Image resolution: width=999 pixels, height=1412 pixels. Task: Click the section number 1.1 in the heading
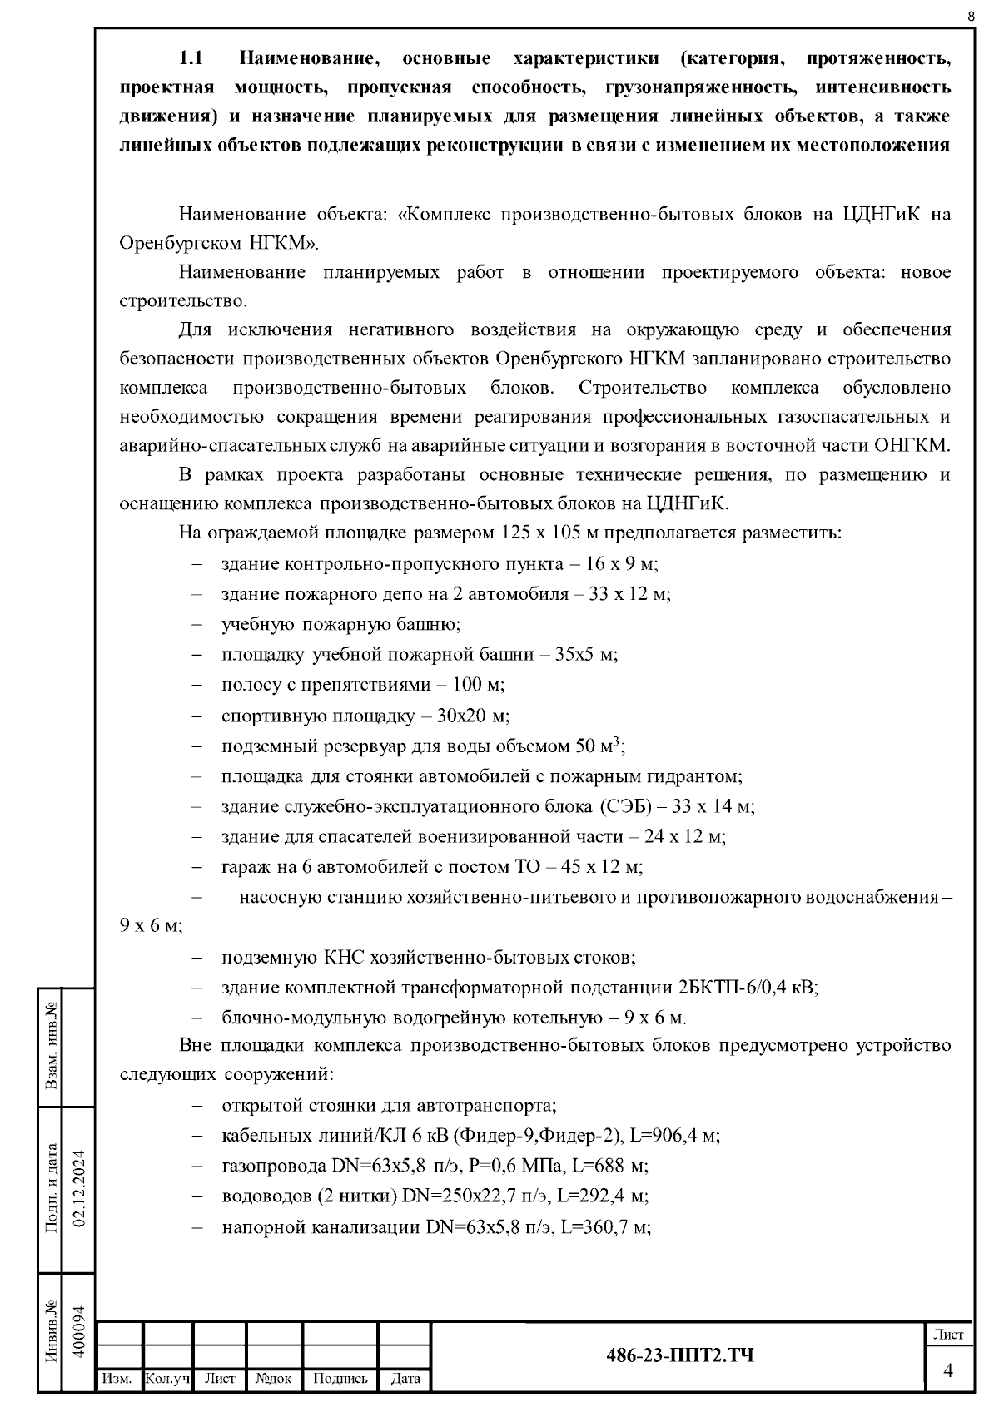pos(191,59)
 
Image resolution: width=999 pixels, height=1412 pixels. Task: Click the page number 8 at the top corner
pos(971,17)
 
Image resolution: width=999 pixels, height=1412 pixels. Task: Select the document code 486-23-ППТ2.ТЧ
pos(679,1355)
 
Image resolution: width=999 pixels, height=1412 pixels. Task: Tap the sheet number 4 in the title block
pos(947,1370)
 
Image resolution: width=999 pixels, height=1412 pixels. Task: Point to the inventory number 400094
pos(81,1331)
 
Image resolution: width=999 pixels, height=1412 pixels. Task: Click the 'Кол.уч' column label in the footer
pos(167,1379)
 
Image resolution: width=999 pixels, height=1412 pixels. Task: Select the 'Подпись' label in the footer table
pos(340,1379)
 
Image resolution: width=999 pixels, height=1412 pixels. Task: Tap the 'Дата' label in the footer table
pos(405,1379)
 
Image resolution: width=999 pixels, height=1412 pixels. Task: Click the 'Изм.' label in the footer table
pos(117,1379)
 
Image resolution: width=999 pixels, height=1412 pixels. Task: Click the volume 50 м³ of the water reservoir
pos(599,746)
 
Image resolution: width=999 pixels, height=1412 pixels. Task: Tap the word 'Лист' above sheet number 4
pos(947,1335)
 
